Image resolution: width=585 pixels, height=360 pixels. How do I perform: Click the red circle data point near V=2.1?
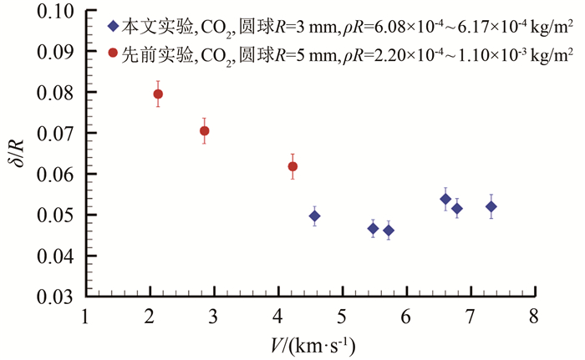point(158,94)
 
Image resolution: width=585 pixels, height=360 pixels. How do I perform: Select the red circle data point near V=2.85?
point(204,131)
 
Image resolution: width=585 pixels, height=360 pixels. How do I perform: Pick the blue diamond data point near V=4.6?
point(314,216)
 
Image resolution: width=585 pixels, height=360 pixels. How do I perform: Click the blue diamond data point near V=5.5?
point(374,228)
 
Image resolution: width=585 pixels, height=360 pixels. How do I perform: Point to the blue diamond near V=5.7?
point(389,231)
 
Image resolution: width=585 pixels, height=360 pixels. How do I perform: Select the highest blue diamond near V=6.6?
point(445,199)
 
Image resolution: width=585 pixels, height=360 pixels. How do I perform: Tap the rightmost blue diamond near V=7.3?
point(491,206)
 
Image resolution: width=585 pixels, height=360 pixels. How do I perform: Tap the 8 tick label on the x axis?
point(533,318)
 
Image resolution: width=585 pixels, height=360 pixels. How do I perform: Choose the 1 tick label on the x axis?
point(86,318)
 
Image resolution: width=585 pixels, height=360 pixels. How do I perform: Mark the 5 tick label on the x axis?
point(342,318)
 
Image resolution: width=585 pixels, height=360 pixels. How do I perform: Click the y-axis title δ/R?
point(16,155)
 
